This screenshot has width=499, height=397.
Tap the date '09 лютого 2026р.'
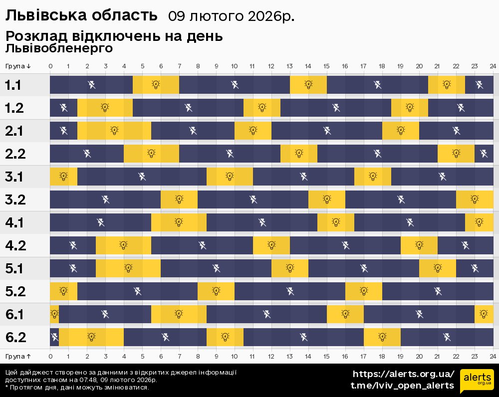pyautogui.click(x=231, y=16)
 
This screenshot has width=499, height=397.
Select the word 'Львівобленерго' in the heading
pyautogui.click(x=59, y=48)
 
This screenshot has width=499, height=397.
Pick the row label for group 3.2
pyautogui.click(x=15, y=200)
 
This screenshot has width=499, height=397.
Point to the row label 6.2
pyautogui.click(x=15, y=338)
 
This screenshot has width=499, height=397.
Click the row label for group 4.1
pyautogui.click(x=14, y=223)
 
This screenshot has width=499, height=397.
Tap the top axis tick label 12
pyautogui.click(x=271, y=66)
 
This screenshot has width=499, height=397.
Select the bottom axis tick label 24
pyautogui.click(x=493, y=356)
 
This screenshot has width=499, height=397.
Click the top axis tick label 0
pyautogui.click(x=50, y=66)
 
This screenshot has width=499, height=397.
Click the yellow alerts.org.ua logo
pyautogui.click(x=477, y=382)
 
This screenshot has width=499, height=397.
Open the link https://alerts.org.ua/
pyautogui.click(x=403, y=374)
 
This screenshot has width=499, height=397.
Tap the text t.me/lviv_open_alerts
pyautogui.click(x=402, y=386)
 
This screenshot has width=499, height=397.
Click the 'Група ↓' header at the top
pyautogui.click(x=18, y=66)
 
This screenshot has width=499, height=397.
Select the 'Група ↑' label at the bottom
pyautogui.click(x=18, y=356)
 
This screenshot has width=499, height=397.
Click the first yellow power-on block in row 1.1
pyautogui.click(x=156, y=85)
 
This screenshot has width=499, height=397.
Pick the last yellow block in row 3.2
pyautogui.click(x=475, y=199)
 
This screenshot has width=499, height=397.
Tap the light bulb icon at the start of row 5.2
pyautogui.click(x=63, y=291)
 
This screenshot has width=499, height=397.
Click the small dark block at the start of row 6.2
pyautogui.click(x=54, y=337)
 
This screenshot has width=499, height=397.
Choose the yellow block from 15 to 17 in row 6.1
pyautogui.click(x=345, y=314)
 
